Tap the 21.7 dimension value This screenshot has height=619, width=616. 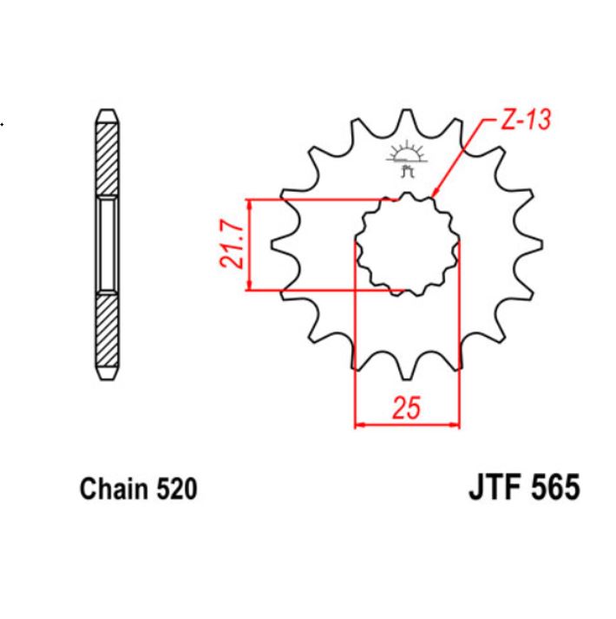point(226,245)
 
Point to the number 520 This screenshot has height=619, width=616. point(177,490)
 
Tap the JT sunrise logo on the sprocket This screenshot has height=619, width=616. point(406,159)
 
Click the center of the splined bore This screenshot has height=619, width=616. point(406,245)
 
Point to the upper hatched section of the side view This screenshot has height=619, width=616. point(104,156)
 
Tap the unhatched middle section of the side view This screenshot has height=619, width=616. point(104,245)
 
